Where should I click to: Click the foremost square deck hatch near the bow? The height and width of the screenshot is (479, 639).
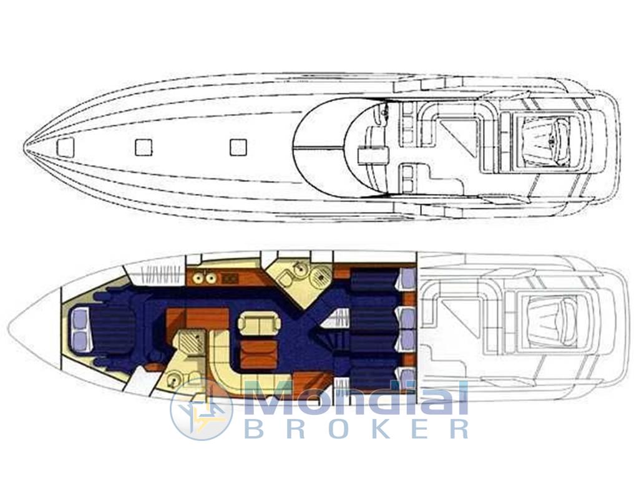tap(66, 147)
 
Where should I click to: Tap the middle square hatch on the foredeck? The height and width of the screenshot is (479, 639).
tap(144, 147)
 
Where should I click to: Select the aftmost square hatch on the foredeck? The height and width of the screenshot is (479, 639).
tap(238, 147)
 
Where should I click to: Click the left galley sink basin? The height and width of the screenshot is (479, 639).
tap(198, 278)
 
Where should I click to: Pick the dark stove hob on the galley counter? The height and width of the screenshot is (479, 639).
tap(230, 278)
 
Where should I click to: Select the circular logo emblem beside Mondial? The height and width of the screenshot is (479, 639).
tap(202, 409)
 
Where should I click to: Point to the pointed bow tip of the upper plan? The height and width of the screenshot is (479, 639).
tap(24, 146)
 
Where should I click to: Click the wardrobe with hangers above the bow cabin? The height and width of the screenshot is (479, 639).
tap(162, 276)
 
